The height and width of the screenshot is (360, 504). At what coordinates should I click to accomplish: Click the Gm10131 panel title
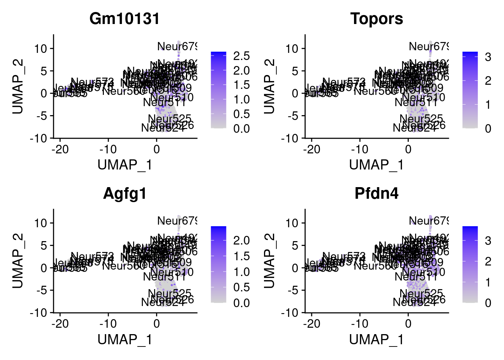[x=124, y=19]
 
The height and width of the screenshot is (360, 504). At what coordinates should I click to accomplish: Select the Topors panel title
[x=376, y=19]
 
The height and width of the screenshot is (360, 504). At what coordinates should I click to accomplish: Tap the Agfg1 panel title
[x=124, y=193]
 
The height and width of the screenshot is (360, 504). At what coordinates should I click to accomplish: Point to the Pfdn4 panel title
[x=376, y=193]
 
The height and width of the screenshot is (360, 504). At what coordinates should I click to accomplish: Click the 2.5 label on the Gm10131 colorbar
[x=241, y=56]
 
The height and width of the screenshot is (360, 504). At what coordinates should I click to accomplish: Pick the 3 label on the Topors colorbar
[x=488, y=57]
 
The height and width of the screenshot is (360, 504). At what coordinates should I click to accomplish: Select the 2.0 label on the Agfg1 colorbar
[x=241, y=240]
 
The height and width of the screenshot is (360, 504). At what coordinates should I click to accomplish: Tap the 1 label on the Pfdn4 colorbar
[x=488, y=282]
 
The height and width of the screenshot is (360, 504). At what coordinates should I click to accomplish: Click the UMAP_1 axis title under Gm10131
[x=124, y=165]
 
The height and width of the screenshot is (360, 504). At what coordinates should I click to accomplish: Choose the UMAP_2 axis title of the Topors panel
[x=269, y=86]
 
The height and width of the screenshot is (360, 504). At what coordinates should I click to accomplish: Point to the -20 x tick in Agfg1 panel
[x=60, y=323]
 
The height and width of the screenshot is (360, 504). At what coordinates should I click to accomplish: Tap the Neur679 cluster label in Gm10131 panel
[x=177, y=46]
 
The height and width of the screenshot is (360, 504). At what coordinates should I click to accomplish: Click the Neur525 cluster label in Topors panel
[x=421, y=119]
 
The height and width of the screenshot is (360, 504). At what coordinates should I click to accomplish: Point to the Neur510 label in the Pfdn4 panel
[x=423, y=272]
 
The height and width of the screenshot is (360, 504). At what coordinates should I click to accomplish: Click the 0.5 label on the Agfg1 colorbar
[x=241, y=287]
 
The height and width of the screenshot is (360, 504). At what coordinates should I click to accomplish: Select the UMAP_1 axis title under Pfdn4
[x=376, y=339]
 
